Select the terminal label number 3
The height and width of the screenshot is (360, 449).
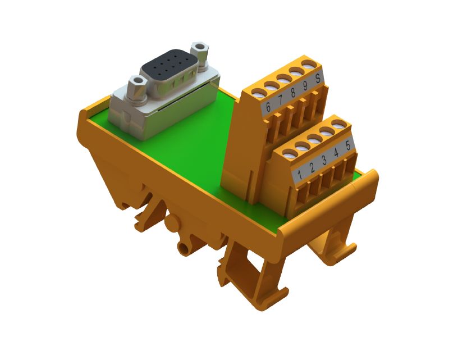click(324, 160)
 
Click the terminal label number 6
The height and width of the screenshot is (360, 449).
click(268, 107)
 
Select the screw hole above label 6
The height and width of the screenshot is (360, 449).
click(258, 92)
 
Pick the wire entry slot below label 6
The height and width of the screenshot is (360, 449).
click(270, 135)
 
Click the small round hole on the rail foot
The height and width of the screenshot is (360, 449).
click(182, 247)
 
